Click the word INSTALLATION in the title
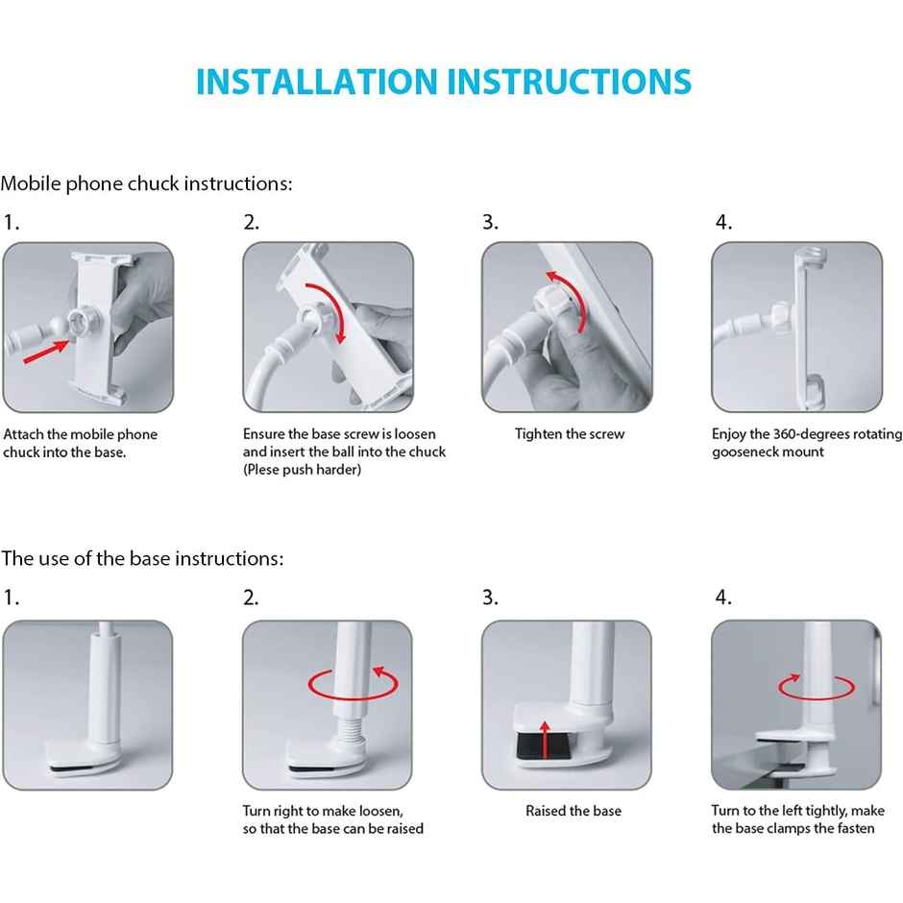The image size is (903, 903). point(317,82)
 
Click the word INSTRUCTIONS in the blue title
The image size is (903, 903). point(570,82)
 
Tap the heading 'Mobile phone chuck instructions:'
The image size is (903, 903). point(146,183)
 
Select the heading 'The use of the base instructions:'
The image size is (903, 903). point(142,558)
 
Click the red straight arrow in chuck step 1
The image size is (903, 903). point(46,351)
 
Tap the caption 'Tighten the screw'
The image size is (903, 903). point(570,434)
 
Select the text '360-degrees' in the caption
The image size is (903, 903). point(810,433)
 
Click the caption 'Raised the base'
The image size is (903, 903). point(574,811)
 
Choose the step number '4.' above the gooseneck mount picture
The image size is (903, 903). point(723,222)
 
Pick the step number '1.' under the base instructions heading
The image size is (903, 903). point(11,598)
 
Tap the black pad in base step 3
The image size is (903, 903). point(544,745)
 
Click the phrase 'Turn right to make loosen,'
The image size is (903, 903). point(323,811)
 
